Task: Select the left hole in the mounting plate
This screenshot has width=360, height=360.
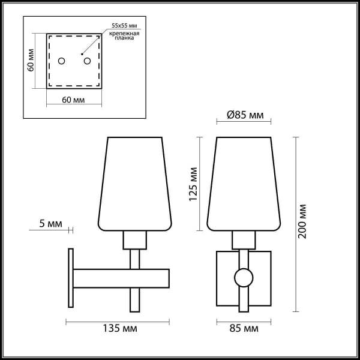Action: pos(61,61)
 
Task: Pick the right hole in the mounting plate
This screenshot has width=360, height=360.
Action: pos(87,61)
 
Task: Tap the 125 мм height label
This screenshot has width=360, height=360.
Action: pos(194,184)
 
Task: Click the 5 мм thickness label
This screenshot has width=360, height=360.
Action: pos(50,224)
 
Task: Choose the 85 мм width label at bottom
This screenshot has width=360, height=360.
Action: pos(244,329)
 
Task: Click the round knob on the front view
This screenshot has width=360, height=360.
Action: pos(244,277)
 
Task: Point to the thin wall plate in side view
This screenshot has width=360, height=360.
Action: pos(71,278)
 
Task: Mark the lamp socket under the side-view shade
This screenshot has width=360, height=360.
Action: pos(135,241)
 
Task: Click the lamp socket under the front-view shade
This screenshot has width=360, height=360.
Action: pos(244,241)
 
